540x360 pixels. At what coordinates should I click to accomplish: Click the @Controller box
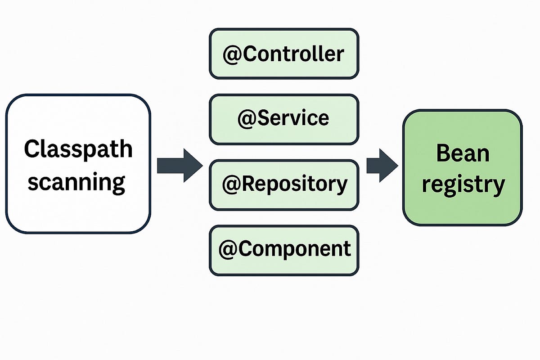click(284, 54)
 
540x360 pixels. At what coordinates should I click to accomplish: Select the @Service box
click(284, 119)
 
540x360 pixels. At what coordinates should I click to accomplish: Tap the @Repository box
click(284, 185)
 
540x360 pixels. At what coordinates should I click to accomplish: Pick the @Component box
click(284, 250)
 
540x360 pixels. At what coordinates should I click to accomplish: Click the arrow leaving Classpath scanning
click(179, 166)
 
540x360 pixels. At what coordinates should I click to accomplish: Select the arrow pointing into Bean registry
click(382, 166)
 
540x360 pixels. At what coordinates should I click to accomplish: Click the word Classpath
click(78, 149)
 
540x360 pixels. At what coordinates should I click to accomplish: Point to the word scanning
click(76, 182)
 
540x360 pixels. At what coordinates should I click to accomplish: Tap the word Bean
click(462, 154)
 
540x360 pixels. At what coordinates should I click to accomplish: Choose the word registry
click(463, 184)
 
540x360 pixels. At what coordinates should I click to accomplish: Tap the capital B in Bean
click(443, 154)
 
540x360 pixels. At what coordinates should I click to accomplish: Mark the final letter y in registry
click(498, 186)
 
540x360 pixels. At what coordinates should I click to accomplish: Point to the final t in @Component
click(347, 249)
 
